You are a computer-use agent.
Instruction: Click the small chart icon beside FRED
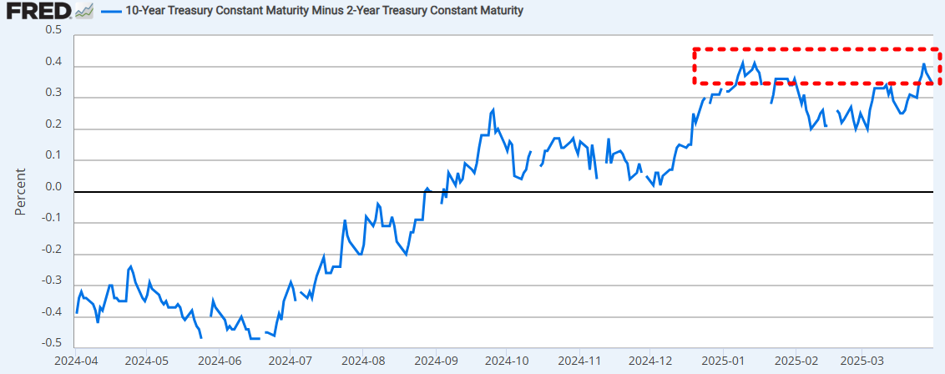point(83,11)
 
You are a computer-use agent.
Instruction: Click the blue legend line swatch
point(111,11)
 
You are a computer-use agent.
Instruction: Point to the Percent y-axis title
point(21,191)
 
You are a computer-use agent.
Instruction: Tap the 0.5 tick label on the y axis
point(53,30)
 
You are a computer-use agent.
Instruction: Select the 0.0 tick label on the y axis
point(53,187)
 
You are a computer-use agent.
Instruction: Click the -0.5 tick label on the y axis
point(52,343)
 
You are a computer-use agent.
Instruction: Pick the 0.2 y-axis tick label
point(53,124)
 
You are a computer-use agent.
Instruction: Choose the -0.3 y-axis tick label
point(52,280)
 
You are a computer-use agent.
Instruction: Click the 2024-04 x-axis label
point(75,361)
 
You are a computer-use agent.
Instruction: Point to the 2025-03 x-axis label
point(864,361)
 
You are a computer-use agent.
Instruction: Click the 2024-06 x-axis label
point(218,361)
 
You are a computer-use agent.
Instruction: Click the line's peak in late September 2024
point(493,109)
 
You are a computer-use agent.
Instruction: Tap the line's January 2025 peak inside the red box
point(742,62)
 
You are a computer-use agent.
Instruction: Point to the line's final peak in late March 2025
point(924,64)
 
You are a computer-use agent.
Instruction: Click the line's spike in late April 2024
point(131,266)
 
